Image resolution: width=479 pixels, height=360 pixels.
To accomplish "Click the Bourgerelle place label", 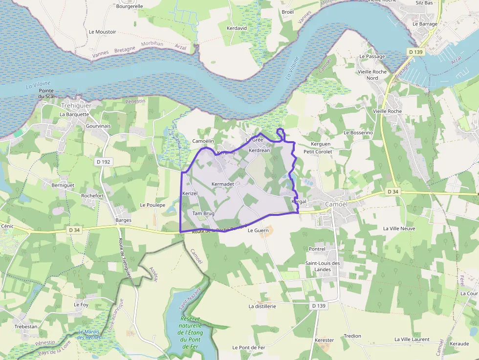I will point(130,6).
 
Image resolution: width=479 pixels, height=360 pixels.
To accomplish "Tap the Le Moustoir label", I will point(103,32).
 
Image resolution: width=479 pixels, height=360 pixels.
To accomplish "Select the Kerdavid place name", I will point(237,28).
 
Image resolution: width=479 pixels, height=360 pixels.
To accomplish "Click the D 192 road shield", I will point(103,161).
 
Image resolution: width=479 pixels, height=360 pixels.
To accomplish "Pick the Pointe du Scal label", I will point(46,93).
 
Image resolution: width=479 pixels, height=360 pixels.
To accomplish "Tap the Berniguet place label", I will point(63,185).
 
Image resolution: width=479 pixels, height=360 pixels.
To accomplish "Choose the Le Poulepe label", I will point(152,205).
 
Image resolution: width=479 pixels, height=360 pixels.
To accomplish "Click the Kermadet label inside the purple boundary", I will point(223,184).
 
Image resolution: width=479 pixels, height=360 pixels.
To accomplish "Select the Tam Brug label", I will point(203,213).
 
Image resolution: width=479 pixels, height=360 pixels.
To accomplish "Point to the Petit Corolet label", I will point(318,151).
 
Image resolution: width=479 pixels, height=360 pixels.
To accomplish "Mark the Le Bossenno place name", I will point(358,132).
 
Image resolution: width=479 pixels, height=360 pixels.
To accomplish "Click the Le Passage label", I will point(372,56).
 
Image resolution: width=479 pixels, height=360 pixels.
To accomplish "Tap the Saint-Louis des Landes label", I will point(323,266).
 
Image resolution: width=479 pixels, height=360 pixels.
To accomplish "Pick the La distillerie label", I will point(262,306).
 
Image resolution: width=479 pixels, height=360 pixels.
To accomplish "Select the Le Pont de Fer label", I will point(249,347).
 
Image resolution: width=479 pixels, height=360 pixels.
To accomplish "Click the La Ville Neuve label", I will point(399,228).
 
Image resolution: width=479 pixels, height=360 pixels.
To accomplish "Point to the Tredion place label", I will point(352,336).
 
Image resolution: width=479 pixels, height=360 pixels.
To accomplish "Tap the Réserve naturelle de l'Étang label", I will point(190,329).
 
